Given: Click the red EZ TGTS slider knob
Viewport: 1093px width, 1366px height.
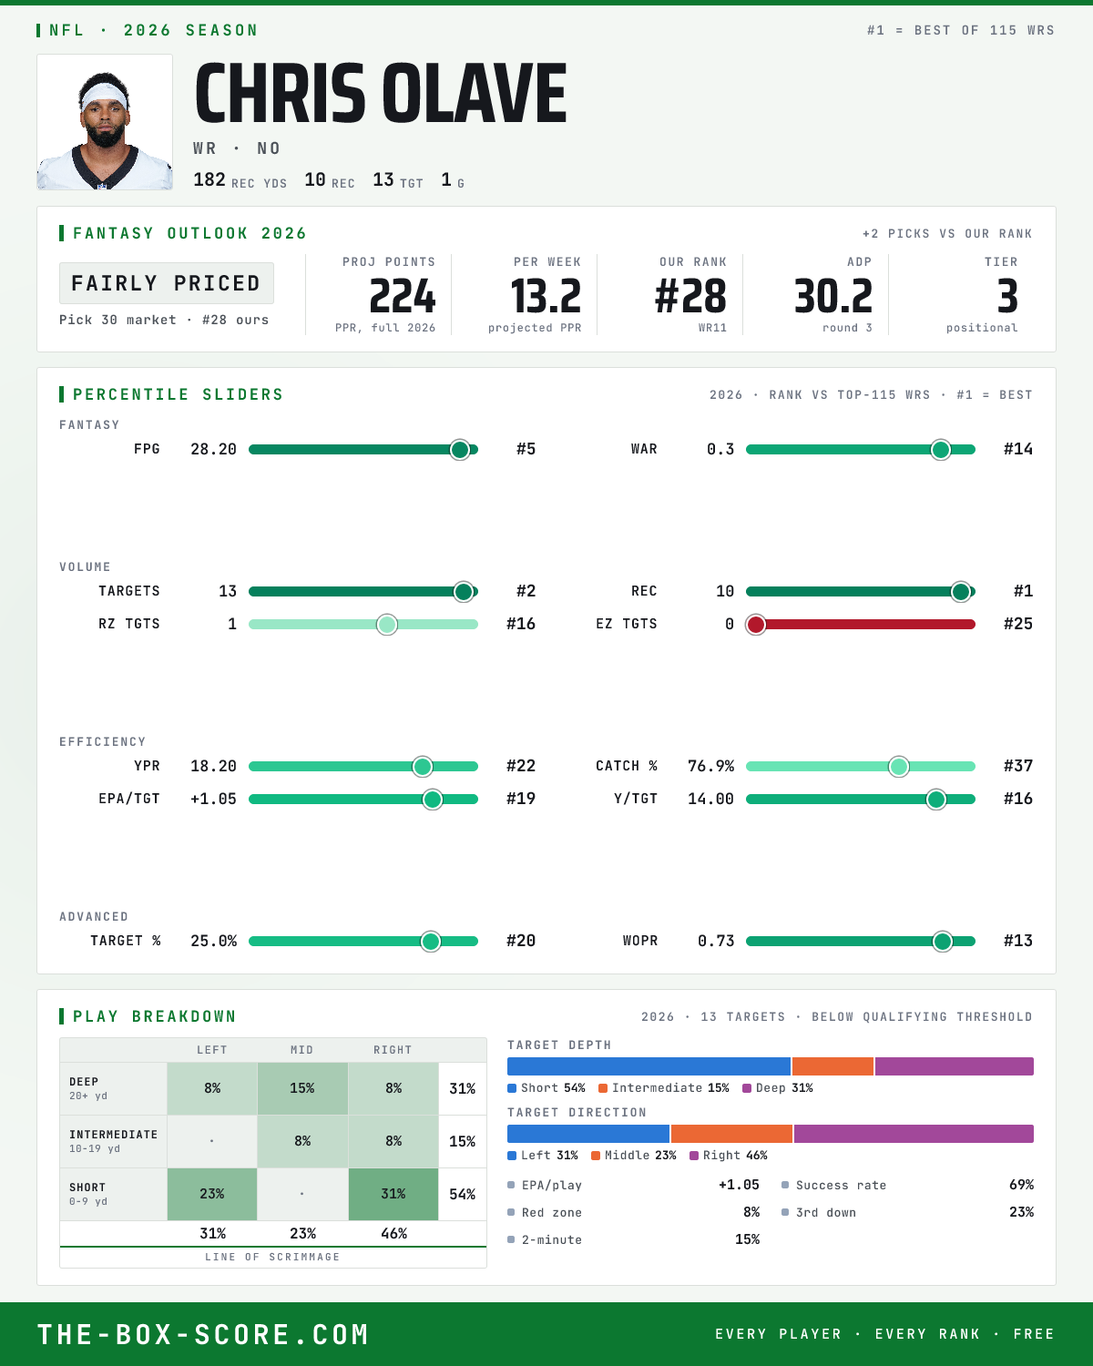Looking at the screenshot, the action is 756,625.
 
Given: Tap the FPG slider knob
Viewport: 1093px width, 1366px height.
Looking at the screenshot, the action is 460,449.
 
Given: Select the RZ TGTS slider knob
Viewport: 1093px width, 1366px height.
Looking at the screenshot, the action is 387,625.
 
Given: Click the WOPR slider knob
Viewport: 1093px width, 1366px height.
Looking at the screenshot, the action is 943,942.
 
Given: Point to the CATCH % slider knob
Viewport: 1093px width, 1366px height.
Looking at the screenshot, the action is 899,767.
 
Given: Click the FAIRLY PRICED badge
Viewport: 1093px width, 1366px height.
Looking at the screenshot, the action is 167,283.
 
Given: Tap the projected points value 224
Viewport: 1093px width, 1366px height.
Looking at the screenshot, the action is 402,297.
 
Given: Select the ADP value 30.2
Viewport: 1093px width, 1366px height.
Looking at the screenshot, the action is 833,297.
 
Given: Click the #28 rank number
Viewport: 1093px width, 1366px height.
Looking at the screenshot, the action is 690,297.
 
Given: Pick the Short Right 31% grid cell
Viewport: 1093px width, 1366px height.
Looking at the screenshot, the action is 393,1194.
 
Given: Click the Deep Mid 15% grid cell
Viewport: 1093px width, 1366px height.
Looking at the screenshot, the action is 302,1088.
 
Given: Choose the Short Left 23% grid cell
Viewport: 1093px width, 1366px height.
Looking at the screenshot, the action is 212,1194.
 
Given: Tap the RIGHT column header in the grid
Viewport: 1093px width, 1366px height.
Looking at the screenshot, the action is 393,1050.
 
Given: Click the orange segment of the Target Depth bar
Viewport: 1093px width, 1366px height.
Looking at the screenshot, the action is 833,1066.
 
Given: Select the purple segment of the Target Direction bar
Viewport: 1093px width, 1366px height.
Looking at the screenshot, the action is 914,1134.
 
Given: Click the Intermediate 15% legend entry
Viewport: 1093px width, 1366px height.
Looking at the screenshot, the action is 664,1088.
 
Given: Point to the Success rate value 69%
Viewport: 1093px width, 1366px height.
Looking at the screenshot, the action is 1021,1185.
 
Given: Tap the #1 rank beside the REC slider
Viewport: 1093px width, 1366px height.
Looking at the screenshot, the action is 1023,592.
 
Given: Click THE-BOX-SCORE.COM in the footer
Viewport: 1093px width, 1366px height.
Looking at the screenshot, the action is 203,1334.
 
